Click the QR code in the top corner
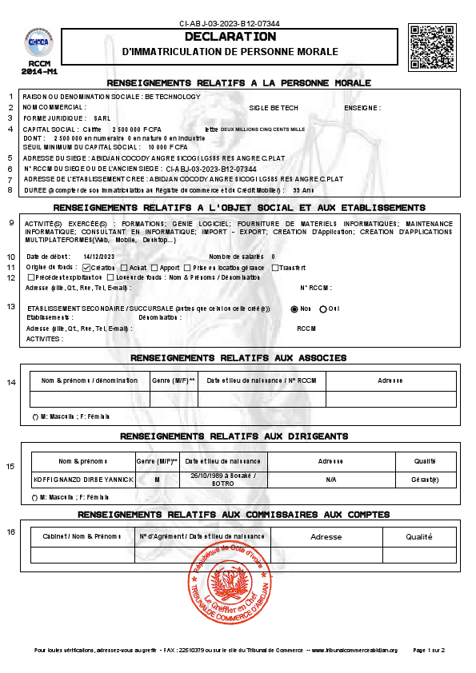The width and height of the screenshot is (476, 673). (431, 47)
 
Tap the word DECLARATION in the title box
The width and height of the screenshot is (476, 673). (230, 37)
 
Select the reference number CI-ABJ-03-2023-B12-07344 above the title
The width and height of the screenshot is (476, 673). (230, 24)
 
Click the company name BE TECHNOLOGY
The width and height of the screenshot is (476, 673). (173, 96)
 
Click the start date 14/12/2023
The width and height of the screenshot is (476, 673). (99, 257)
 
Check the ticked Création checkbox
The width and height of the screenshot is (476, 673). (86, 267)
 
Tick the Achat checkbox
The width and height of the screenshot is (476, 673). (123, 267)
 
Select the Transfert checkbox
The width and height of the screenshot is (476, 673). (275, 267)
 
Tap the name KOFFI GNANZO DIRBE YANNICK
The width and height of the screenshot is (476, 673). (82, 480)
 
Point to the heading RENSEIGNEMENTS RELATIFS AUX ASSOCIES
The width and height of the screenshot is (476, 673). (238, 357)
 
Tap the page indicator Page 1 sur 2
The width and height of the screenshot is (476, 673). (429, 650)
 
